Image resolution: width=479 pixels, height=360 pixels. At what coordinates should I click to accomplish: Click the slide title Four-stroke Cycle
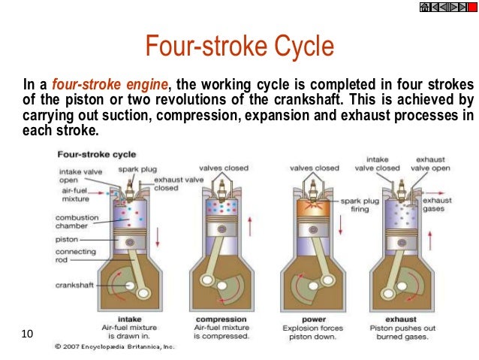point(239,47)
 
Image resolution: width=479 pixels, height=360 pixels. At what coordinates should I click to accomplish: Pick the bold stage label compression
point(221,319)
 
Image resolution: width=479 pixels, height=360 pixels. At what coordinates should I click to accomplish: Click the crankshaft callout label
point(74,285)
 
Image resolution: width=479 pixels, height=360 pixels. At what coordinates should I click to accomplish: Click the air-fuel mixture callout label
point(76,195)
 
